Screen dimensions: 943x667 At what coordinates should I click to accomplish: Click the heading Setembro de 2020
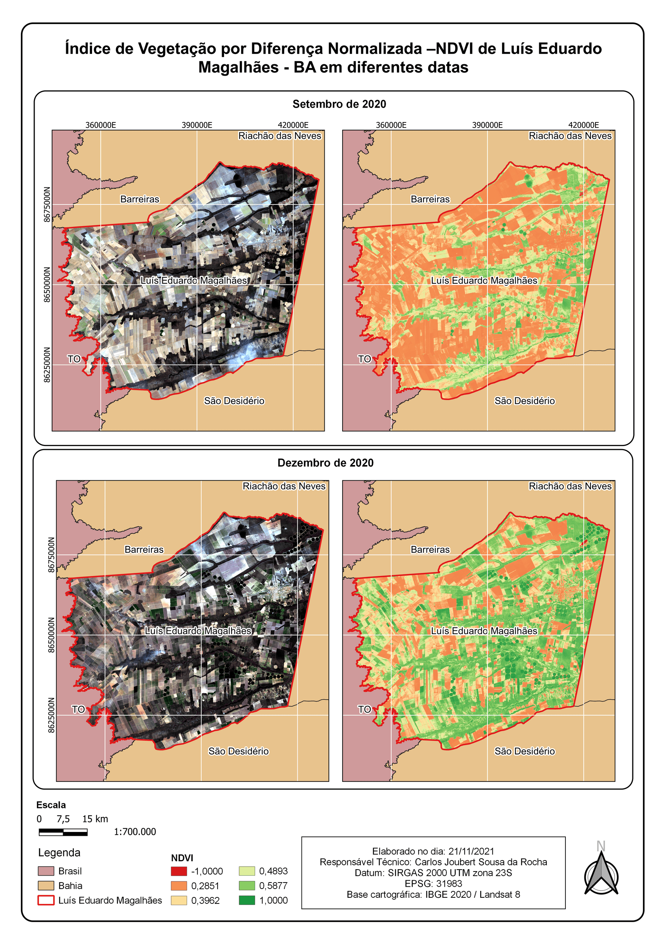tap(339, 104)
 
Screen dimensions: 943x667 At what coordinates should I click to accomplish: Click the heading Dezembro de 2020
tap(325, 463)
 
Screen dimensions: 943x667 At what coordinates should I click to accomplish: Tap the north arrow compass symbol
tap(601, 875)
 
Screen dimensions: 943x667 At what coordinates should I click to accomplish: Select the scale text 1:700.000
tap(135, 832)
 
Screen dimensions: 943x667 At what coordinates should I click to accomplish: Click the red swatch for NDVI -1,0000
tap(179, 871)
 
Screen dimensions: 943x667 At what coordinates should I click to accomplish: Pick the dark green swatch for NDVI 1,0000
tap(247, 900)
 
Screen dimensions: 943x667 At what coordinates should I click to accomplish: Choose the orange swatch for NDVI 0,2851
tap(179, 886)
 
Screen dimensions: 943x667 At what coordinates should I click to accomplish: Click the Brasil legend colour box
tap(46, 871)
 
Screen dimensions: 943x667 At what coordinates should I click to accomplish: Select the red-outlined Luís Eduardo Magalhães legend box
tap(46, 900)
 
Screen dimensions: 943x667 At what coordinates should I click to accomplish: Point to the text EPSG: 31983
tap(433, 883)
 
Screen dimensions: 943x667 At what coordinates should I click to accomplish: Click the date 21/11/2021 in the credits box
tap(471, 851)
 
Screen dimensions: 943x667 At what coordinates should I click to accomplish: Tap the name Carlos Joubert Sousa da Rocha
tap(481, 862)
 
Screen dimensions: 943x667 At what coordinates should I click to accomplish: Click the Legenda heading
tap(59, 853)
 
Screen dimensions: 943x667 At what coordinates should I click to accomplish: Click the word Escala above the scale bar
tap(51, 805)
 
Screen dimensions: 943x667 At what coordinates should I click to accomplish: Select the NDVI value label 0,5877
tap(273, 886)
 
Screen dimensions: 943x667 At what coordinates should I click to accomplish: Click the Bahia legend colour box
tap(46, 886)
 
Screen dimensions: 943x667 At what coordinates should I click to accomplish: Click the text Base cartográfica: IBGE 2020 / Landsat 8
tap(433, 895)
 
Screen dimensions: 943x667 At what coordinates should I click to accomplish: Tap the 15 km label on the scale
tap(95, 819)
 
